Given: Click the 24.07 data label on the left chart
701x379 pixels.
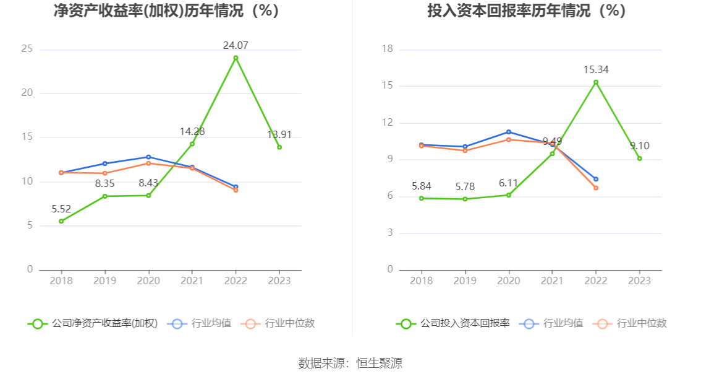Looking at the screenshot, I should coord(236,45).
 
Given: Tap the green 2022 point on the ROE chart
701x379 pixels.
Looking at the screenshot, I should coord(236,58).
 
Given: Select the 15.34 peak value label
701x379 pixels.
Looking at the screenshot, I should coord(596,69).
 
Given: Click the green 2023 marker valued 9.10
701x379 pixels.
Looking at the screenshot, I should coord(639,159).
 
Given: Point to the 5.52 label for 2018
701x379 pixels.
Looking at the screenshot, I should coord(61,209).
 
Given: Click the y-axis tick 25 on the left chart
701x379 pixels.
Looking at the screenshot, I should coord(27,50).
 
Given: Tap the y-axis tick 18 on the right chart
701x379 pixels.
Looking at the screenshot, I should coord(387,50).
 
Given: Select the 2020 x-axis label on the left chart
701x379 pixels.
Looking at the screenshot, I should coord(148,281).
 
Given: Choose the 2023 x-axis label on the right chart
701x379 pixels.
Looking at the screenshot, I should coord(639,281).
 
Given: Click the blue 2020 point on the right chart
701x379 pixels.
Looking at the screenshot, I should coord(509,132).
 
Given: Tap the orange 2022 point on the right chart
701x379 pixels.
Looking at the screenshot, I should coord(596,188).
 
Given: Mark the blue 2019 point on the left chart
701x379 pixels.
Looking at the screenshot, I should coord(104,163).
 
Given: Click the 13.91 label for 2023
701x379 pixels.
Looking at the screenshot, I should coord(279,134).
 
